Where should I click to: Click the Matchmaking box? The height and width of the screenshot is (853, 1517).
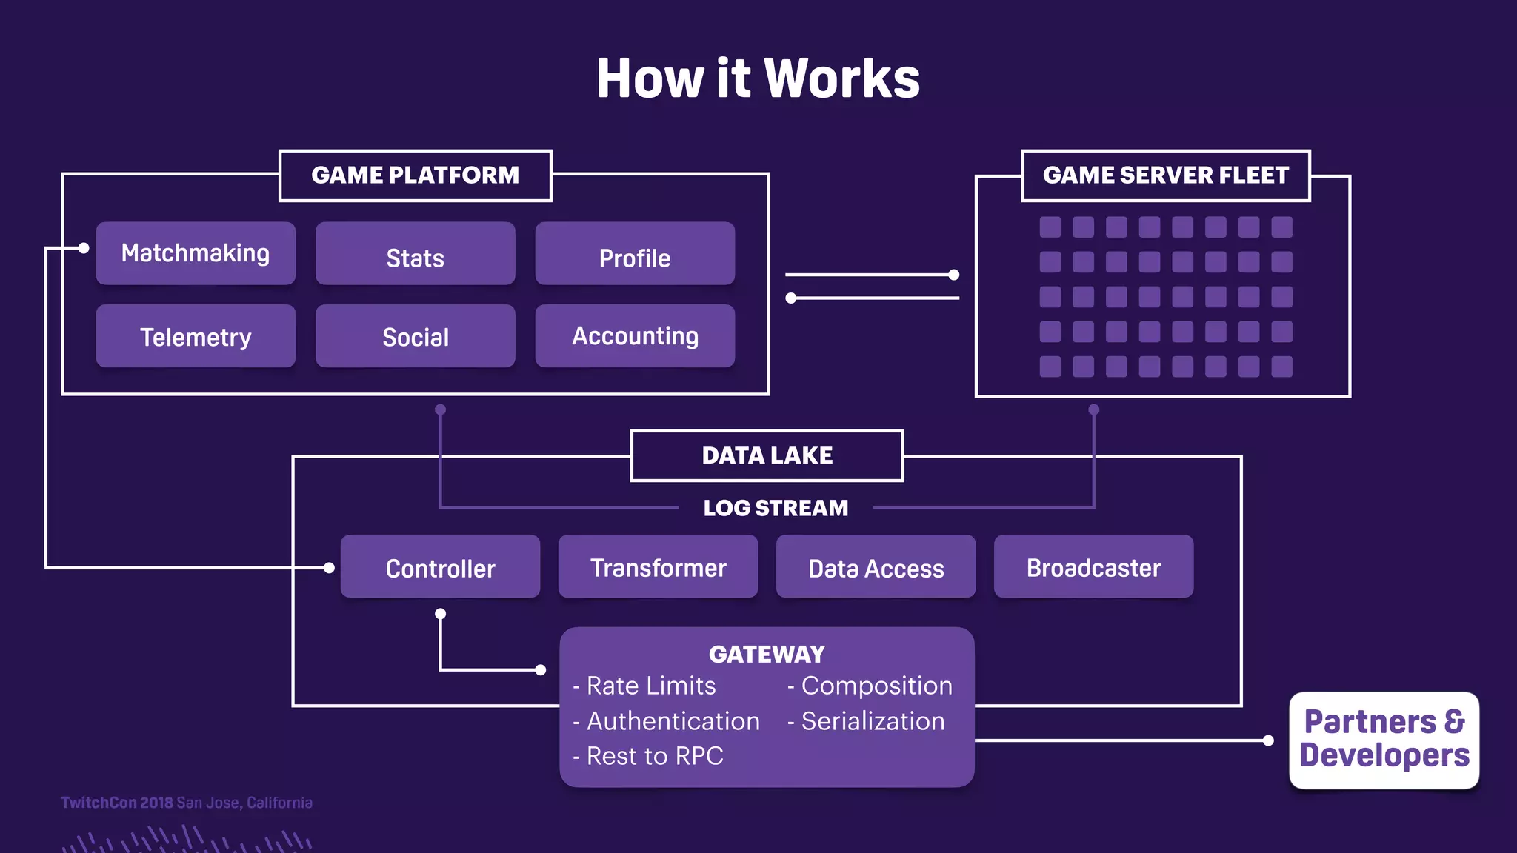196,253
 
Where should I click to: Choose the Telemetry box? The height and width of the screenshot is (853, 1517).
196,336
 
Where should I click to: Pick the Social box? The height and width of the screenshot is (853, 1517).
415,336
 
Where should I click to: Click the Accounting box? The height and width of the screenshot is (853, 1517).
635,336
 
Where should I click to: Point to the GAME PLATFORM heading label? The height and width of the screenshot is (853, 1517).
415,175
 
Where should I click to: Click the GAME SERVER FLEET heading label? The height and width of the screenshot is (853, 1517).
1165,175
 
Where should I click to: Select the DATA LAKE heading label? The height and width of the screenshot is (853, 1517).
767,455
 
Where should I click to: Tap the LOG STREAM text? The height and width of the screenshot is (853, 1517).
776,508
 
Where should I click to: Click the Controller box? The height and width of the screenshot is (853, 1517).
440,567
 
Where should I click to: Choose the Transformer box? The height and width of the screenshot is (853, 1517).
658,567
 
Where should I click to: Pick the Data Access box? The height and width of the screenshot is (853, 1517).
876,567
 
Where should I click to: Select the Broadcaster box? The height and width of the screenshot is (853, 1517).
1093,567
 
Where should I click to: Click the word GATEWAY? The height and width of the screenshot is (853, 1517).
767,655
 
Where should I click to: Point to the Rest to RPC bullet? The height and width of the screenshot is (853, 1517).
649,756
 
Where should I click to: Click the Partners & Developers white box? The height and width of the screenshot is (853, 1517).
1384,739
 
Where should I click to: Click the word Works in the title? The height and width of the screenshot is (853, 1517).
841,78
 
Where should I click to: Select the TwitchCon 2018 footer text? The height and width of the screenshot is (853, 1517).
117,803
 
